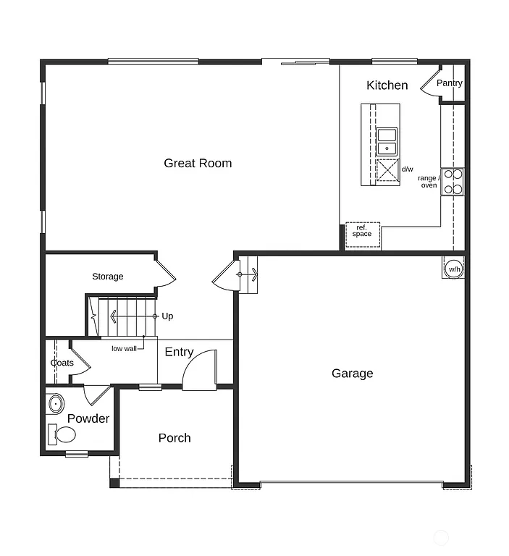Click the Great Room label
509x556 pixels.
198,163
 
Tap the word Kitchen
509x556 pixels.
387,85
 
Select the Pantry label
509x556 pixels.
449,83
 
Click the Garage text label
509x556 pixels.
353,374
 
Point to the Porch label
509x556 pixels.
174,438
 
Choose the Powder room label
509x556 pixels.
88,418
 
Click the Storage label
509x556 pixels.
107,277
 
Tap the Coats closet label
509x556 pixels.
62,363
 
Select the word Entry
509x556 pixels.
179,352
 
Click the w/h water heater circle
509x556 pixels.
454,269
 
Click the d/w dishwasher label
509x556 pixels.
408,169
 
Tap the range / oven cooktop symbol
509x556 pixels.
453,182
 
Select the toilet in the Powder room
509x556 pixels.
62,434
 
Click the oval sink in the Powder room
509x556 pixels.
55,403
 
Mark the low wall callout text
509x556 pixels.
124,349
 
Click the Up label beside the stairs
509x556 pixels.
167,316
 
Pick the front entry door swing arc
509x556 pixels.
199,371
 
